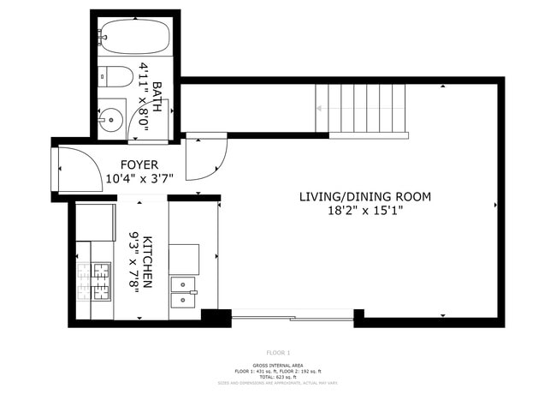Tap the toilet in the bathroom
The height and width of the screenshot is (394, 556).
tap(115, 76)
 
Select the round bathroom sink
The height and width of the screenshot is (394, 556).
tap(110, 120)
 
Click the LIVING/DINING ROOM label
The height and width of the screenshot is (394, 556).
tap(364, 197)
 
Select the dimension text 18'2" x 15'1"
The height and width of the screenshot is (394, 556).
tap(364, 211)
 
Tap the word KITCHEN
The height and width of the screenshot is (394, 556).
tap(148, 261)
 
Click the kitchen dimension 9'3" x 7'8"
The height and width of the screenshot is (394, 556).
tap(133, 261)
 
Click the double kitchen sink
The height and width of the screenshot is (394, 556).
tap(184, 291)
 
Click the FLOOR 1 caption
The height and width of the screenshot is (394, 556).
tap(278, 353)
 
